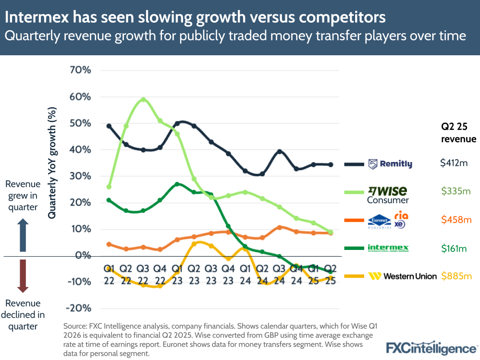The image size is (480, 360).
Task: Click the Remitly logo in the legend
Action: (390, 164)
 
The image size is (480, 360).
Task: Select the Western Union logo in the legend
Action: (402, 276)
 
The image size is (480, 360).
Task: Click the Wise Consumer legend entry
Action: (387, 195)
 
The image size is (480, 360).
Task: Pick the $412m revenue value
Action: (454, 163)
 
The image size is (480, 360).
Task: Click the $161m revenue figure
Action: (454, 248)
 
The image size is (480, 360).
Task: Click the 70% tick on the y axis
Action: (80, 70)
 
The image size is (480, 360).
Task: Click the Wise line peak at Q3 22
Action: (143, 99)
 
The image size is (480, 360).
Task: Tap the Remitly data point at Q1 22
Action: (109, 126)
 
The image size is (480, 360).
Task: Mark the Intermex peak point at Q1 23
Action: (177, 184)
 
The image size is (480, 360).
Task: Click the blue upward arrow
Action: (22, 235)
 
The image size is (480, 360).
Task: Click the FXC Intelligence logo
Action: (432, 348)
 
